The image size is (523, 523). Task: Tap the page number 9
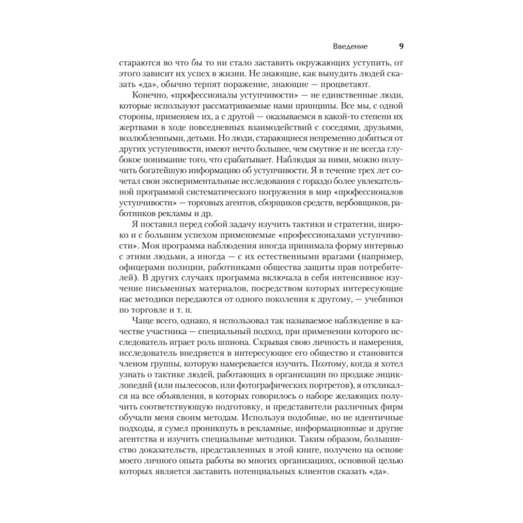(x=401, y=46)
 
